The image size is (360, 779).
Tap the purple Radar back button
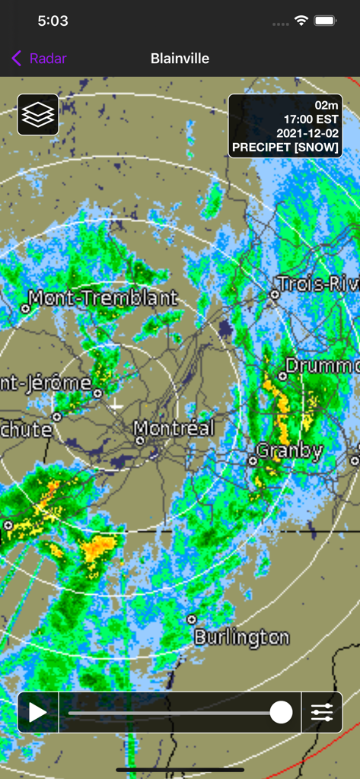40,59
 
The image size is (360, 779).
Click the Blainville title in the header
180,59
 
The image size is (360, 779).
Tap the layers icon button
38,115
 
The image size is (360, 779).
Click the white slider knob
281,712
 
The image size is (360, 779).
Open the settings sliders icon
322,712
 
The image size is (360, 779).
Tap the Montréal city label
175,428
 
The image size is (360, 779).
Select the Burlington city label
241,637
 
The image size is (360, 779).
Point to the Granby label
289,450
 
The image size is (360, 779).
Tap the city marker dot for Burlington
192,619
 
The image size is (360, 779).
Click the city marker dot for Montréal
139,440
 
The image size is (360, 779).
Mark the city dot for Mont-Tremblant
25,308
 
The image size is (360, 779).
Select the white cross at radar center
116,405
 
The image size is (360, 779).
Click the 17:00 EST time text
311,119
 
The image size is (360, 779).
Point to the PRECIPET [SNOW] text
285,147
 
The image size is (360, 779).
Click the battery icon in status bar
326,21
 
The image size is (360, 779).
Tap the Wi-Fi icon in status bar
301,21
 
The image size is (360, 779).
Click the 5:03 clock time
53,21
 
